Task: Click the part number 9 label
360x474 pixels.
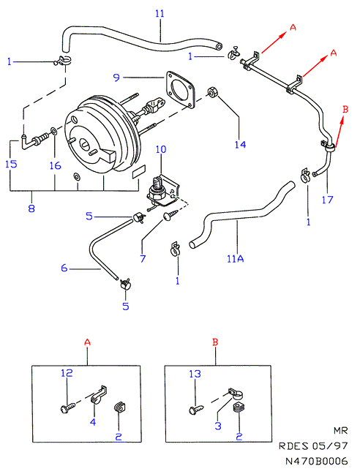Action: pyautogui.click(x=116, y=78)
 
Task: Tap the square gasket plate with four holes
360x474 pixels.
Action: pyautogui.click(x=181, y=89)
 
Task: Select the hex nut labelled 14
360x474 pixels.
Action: pyautogui.click(x=211, y=92)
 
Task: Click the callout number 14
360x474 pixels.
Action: pyautogui.click(x=240, y=145)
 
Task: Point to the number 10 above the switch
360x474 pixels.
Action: pyautogui.click(x=161, y=149)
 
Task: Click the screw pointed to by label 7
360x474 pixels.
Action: pyautogui.click(x=169, y=217)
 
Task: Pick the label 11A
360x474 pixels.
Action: pyautogui.click(x=236, y=258)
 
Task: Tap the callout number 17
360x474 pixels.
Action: pyautogui.click(x=327, y=200)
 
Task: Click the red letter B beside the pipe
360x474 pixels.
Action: pyautogui.click(x=345, y=109)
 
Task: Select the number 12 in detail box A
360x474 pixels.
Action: pyautogui.click(x=67, y=373)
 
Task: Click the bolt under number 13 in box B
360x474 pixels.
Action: pyautogui.click(x=196, y=410)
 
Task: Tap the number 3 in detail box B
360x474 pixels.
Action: pyautogui.click(x=218, y=426)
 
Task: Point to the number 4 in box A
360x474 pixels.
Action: pyautogui.click(x=93, y=422)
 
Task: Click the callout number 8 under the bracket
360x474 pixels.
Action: pyautogui.click(x=31, y=208)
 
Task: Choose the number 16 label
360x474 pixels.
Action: pyautogui.click(x=56, y=165)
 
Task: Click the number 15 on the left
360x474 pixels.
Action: pyautogui.click(x=11, y=164)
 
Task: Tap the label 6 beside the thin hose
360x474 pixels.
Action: pyautogui.click(x=64, y=268)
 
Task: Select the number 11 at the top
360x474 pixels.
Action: pyautogui.click(x=160, y=14)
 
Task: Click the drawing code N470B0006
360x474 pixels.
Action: pyautogui.click(x=317, y=461)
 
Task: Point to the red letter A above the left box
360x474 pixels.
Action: pyautogui.click(x=87, y=342)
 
